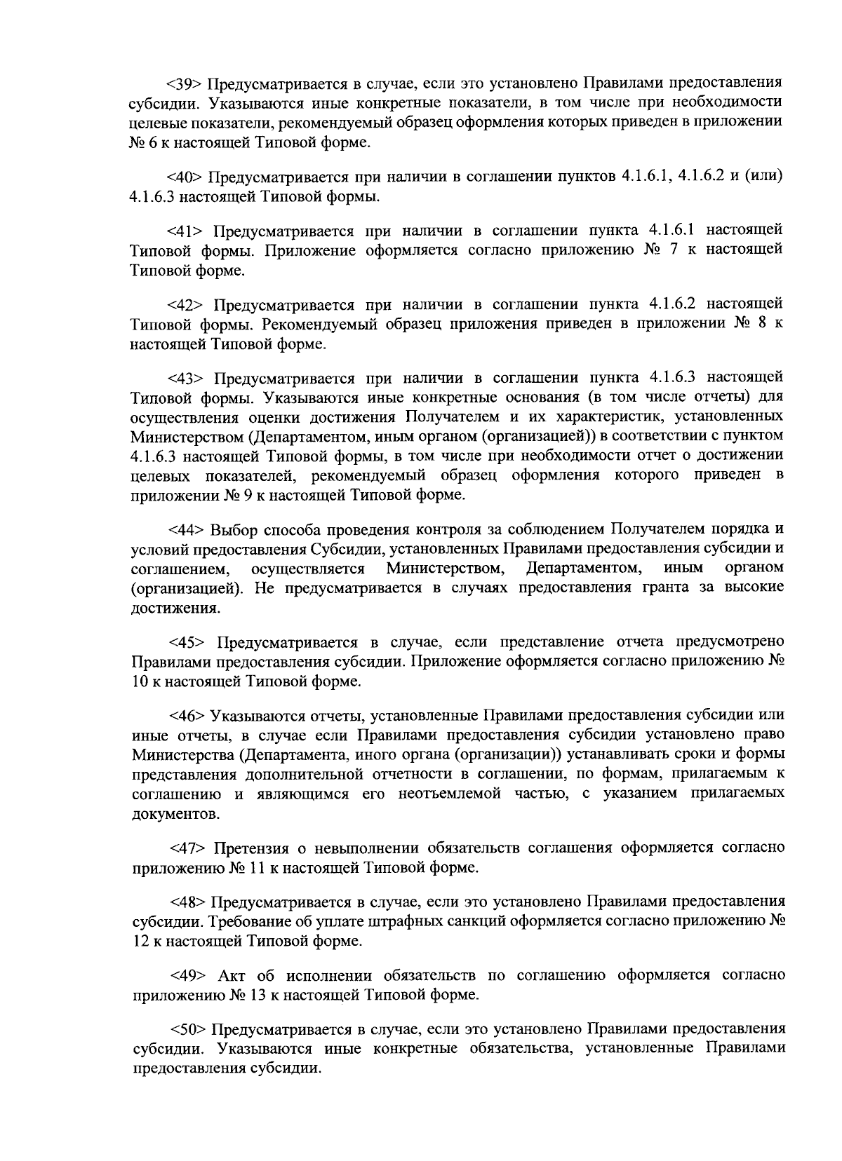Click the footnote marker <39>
pyautogui.click(x=184, y=84)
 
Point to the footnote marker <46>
pyautogui.click(x=186, y=716)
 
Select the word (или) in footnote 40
pyautogui.click(x=761, y=177)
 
